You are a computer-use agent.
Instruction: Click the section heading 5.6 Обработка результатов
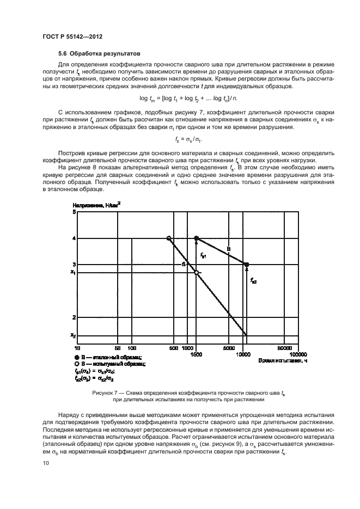coord(100,54)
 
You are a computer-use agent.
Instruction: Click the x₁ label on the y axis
coord(72,272)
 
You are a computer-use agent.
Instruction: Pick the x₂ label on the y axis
coord(72,335)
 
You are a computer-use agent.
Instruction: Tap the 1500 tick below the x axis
coord(196,354)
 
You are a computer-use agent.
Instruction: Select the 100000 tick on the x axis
coord(294,354)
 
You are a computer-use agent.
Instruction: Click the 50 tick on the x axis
coord(118,347)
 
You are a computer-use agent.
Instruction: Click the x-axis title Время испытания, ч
coord(278,361)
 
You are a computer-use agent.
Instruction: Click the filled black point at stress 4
coord(197,238)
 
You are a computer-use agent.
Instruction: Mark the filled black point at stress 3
coord(246,265)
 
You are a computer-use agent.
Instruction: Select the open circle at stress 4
coord(169,238)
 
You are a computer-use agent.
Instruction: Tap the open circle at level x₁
coord(197,272)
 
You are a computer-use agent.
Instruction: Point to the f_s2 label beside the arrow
coord(254,281)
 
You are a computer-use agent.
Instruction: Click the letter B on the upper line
coord(228,248)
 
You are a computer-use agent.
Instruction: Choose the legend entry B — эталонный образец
coord(106,357)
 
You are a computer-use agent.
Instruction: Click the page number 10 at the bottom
coord(46,463)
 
